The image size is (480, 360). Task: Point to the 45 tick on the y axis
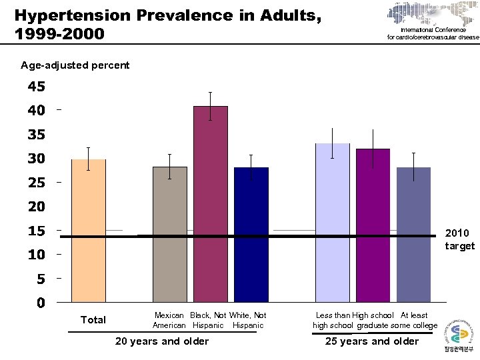(x=36, y=87)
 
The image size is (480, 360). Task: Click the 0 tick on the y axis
(x=41, y=303)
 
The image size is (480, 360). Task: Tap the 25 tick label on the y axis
(x=36, y=183)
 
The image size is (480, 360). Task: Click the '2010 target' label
(x=459, y=239)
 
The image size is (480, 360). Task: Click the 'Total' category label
(x=93, y=320)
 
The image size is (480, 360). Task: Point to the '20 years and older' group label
(x=162, y=341)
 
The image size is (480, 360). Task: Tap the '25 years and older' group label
(x=371, y=341)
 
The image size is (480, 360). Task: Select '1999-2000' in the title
(x=59, y=32)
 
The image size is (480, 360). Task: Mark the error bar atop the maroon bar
(x=211, y=106)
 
